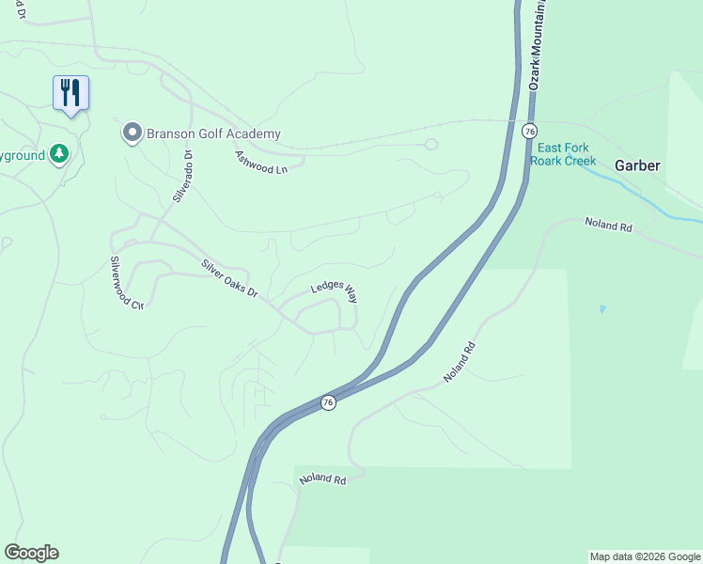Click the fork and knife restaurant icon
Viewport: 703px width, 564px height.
[x=70, y=93]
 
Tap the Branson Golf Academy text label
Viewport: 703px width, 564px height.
[x=213, y=134]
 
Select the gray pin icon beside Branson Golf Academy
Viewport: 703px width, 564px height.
[x=133, y=133]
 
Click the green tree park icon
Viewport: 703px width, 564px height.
[x=59, y=153]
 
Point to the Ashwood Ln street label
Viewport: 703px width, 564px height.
[x=260, y=163]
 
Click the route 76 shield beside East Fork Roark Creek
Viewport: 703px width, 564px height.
[x=530, y=130]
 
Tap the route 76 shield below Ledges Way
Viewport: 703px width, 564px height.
[x=327, y=402]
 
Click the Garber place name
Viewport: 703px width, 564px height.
[x=638, y=165]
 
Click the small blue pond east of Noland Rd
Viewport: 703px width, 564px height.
[x=601, y=308]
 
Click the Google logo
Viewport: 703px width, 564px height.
[x=31, y=553]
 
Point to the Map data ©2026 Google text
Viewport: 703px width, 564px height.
[x=645, y=556]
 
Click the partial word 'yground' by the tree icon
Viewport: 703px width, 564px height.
[x=21, y=154]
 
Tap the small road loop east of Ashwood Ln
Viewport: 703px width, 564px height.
[x=430, y=144]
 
